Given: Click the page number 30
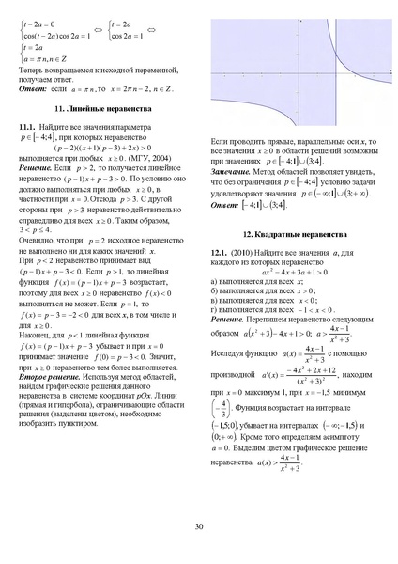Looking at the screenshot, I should coord(199,525).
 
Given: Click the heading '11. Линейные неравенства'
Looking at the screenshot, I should coord(103,111).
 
